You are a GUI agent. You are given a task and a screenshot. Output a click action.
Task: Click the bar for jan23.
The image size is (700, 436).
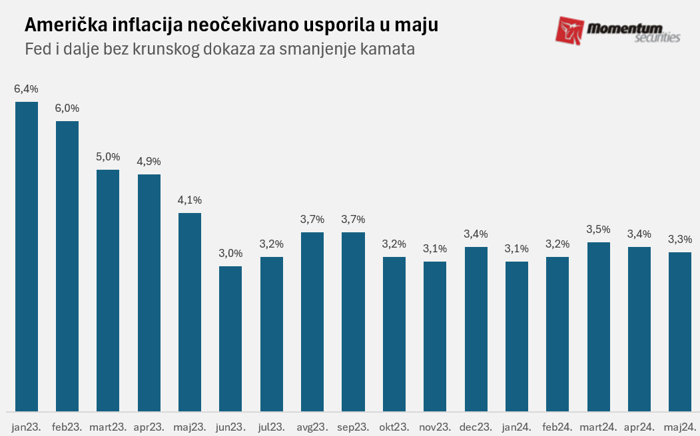tap(27, 256)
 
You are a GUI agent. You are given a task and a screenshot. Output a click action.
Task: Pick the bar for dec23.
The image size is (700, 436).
tap(476, 329)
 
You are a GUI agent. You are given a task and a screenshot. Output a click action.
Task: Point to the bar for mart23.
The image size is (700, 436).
tap(108, 290)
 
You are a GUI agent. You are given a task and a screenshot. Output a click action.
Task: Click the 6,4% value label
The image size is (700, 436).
tap(27, 89)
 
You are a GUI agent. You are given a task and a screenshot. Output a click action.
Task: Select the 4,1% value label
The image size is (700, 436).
tap(190, 200)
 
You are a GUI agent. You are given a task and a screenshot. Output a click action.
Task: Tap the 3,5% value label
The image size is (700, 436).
tap(598, 229)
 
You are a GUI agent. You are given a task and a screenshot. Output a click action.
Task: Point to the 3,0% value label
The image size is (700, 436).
tap(230, 253)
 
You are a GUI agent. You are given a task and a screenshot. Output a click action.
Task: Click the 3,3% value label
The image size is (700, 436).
tap(680, 239)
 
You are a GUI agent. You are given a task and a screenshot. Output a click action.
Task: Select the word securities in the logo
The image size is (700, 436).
tap(656, 38)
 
